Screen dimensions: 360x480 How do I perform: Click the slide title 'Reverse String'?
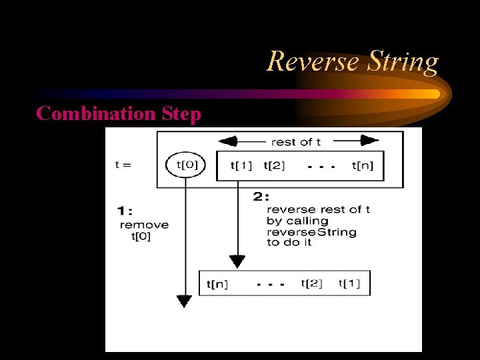pos(353,62)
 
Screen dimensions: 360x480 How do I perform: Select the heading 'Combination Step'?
pos(119,113)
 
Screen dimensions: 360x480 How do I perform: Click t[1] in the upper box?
pos(241,165)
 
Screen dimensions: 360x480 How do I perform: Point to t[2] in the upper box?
pos(275,165)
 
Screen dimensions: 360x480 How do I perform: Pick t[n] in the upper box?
pos(363,165)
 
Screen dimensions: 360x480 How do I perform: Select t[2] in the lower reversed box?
pos(311,283)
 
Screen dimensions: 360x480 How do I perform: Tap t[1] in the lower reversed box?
pos(349,283)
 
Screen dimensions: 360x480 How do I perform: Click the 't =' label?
pos(123,165)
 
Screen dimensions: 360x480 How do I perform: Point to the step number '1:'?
pos(124,211)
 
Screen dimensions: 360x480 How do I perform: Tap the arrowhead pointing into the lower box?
pos(237,261)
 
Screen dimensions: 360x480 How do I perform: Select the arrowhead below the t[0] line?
pos(184,301)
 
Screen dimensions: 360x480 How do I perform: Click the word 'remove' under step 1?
pos(144,225)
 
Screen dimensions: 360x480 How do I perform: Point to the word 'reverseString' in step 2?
pos(311,231)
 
